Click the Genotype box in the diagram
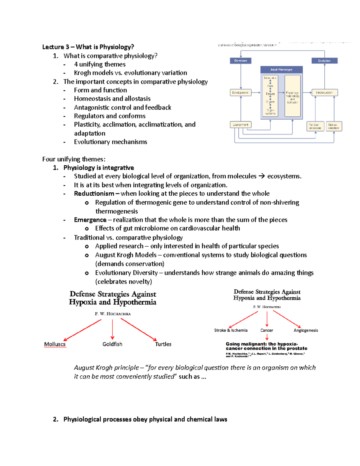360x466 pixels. click(241, 61)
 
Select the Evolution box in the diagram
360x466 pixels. click(324, 61)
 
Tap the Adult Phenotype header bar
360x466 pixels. click(281, 70)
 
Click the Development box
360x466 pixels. click(241, 93)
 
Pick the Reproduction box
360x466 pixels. click(325, 93)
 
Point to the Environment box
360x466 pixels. click(241, 125)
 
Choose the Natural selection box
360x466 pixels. click(334, 126)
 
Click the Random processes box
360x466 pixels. click(315, 126)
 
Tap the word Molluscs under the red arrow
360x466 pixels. click(55, 344)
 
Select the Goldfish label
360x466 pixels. click(112, 344)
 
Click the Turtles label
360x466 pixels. click(163, 344)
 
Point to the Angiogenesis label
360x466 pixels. click(305, 330)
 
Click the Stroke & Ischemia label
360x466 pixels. click(231, 330)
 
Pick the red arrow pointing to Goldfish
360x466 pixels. click(112, 329)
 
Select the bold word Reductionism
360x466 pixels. click(94, 194)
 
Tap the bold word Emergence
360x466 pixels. click(90, 220)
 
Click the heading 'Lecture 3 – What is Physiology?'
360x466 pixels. click(88, 47)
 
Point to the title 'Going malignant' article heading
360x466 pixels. click(266, 346)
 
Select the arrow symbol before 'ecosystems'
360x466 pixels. click(262, 176)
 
